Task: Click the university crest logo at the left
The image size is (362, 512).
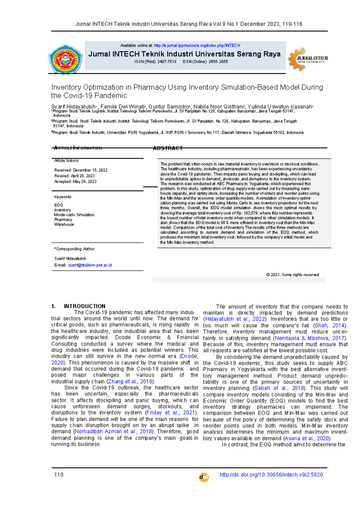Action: (x=65, y=59)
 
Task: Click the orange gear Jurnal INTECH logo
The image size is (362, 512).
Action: (x=308, y=59)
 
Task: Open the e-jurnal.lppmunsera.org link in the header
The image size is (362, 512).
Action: (x=197, y=46)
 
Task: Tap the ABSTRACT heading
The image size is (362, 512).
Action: (x=168, y=148)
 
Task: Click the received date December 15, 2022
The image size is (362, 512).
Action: (x=90, y=170)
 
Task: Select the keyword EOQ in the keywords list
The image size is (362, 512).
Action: (x=59, y=205)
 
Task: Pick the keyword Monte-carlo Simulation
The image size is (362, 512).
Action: (x=74, y=215)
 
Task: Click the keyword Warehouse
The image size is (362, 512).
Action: (x=64, y=224)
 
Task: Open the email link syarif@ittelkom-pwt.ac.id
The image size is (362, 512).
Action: (x=90, y=265)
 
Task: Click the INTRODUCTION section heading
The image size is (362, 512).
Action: (x=84, y=306)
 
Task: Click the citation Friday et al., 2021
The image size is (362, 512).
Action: (x=170, y=412)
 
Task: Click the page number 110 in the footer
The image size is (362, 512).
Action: (x=59, y=475)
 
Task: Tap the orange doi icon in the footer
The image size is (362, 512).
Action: (x=204, y=477)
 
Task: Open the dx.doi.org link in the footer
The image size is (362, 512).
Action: (x=271, y=475)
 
